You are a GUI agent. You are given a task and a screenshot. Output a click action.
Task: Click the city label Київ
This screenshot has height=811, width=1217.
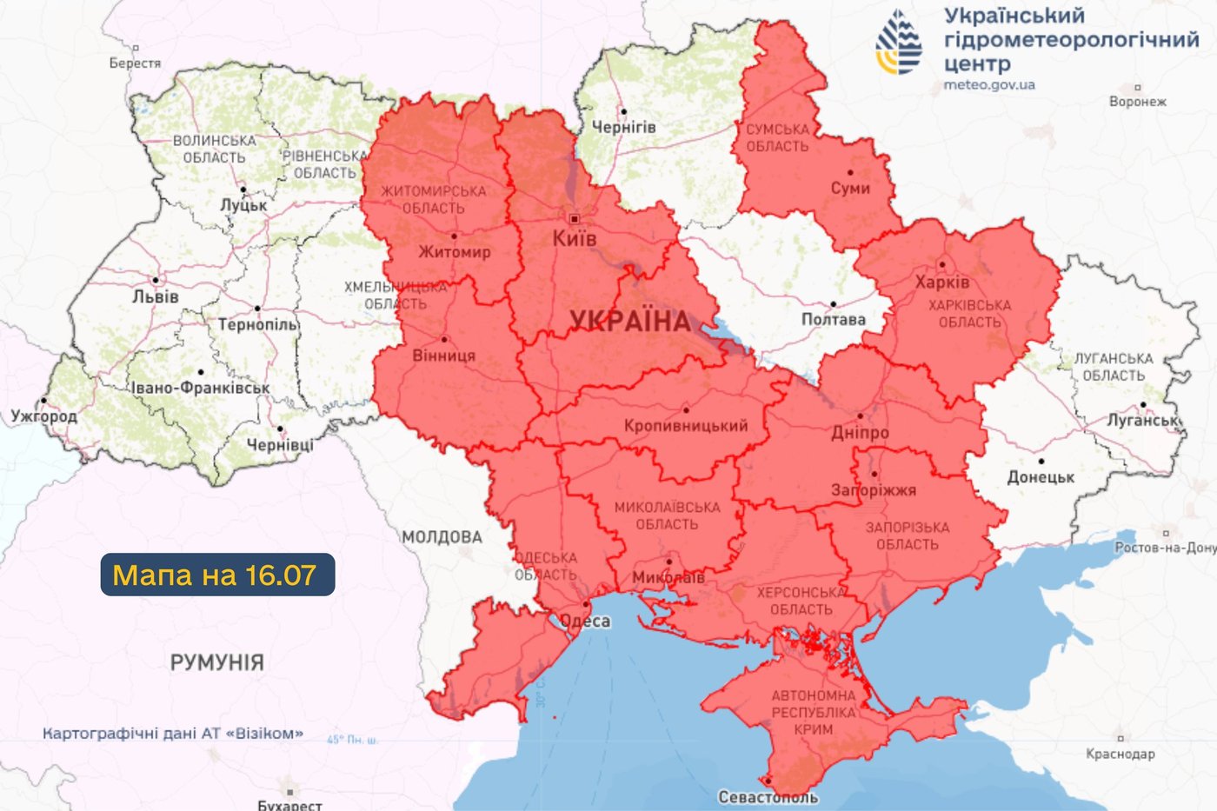click(x=575, y=238)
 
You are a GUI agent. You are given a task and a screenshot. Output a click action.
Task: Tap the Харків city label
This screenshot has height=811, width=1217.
click(x=941, y=283)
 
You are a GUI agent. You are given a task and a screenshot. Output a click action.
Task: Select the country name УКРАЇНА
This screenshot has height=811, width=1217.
click(x=630, y=322)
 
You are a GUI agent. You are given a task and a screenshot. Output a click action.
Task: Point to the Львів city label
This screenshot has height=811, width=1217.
click(x=156, y=296)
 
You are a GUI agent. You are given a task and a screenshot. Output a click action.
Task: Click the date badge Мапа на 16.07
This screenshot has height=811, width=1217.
click(x=217, y=575)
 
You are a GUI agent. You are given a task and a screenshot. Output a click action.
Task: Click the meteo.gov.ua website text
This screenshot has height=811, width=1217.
click(x=989, y=85)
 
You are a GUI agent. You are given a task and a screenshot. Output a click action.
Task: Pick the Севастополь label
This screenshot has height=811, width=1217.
click(x=768, y=797)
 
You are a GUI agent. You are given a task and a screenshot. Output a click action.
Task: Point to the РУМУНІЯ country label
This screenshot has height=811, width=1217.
click(x=216, y=662)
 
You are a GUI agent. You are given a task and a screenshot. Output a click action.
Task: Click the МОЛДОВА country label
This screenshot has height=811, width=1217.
click(x=442, y=537)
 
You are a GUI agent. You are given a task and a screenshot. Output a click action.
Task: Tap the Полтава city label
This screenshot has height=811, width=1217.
click(x=833, y=320)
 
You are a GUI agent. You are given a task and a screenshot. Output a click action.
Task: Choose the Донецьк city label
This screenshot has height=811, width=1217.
click(x=1041, y=477)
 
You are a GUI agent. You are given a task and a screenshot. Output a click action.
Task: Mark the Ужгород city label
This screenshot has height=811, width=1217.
click(x=43, y=416)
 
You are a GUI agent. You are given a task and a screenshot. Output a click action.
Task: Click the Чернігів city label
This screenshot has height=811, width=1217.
click(x=623, y=127)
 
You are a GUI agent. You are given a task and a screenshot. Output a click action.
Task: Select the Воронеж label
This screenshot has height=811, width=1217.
click(x=1137, y=102)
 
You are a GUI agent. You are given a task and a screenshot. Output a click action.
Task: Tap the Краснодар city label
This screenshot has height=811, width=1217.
click(x=1120, y=754)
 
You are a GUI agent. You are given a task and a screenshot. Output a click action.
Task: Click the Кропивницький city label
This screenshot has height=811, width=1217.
click(x=685, y=426)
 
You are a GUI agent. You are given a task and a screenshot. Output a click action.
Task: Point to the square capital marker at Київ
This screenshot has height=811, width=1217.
click(x=574, y=219)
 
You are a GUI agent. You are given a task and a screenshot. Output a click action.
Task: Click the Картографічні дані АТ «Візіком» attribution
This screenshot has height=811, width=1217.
click(x=173, y=734)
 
